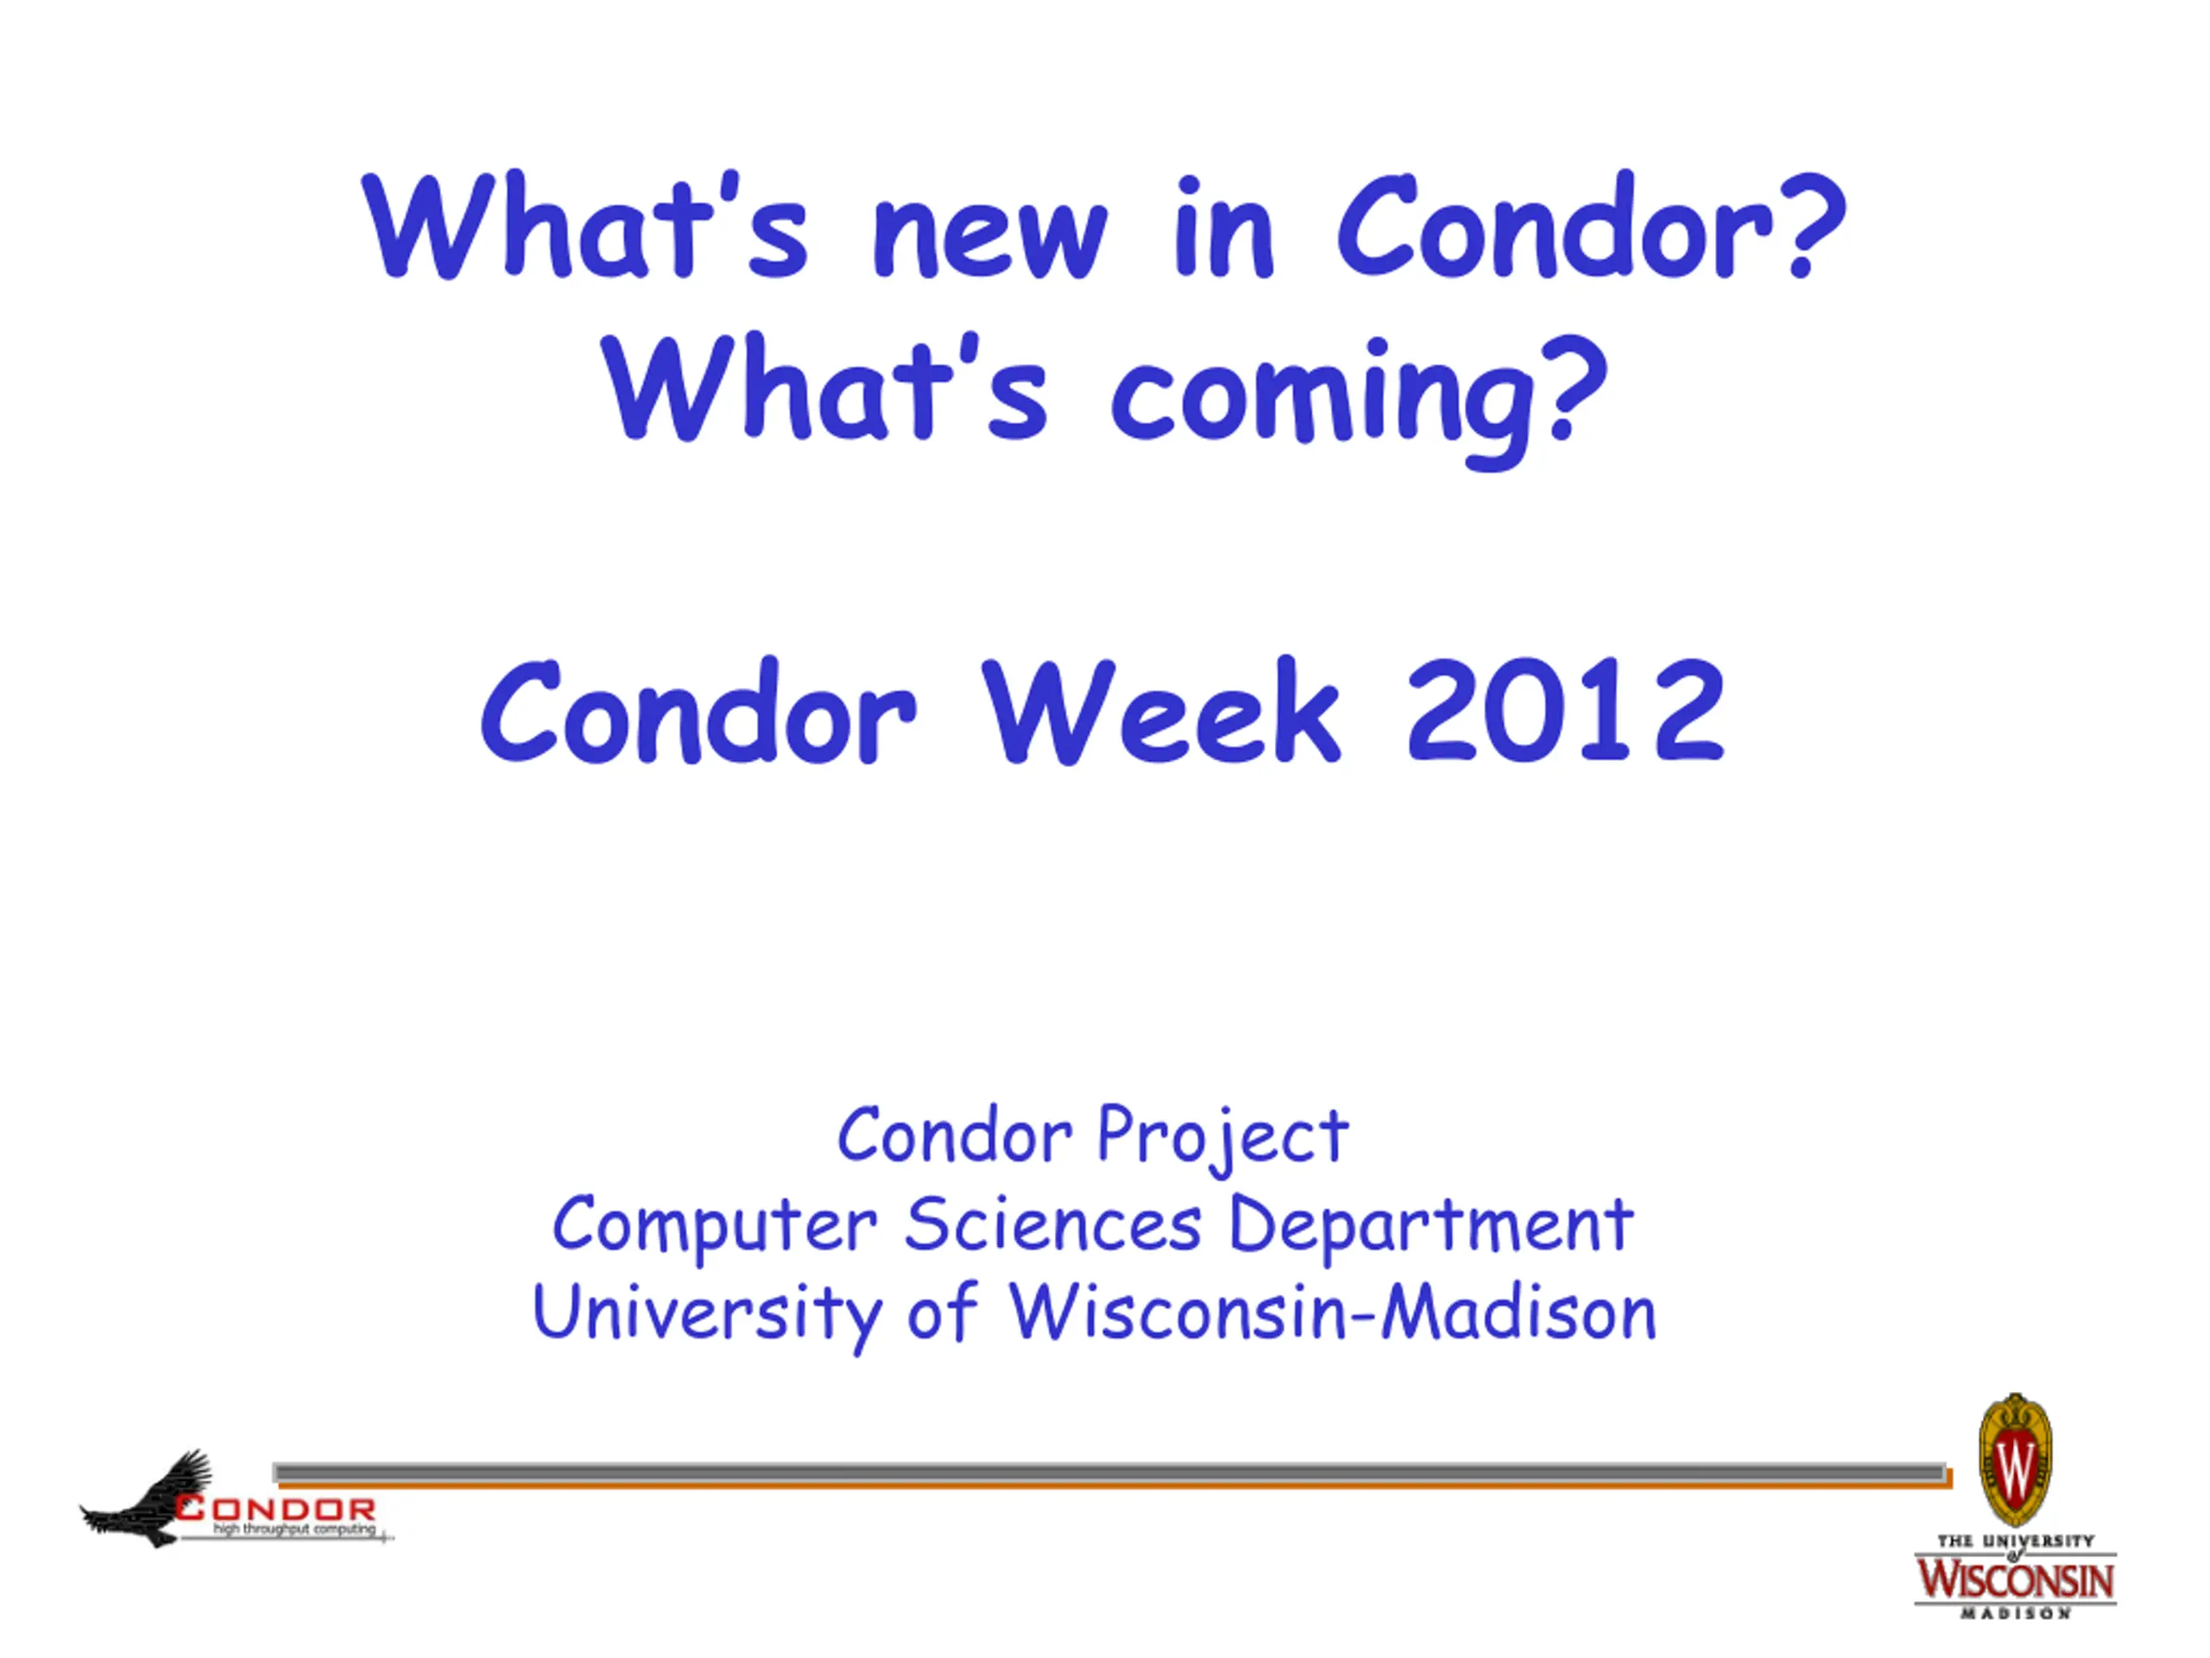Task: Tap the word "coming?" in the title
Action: point(1360,400)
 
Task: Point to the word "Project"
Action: point(1223,1137)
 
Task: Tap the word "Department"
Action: point(1430,1225)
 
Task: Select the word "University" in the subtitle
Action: point(707,1313)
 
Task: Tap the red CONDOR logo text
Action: point(277,1509)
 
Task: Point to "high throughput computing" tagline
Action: point(294,1529)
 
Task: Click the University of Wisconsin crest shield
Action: point(2015,1459)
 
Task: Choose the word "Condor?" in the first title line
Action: point(1590,226)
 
